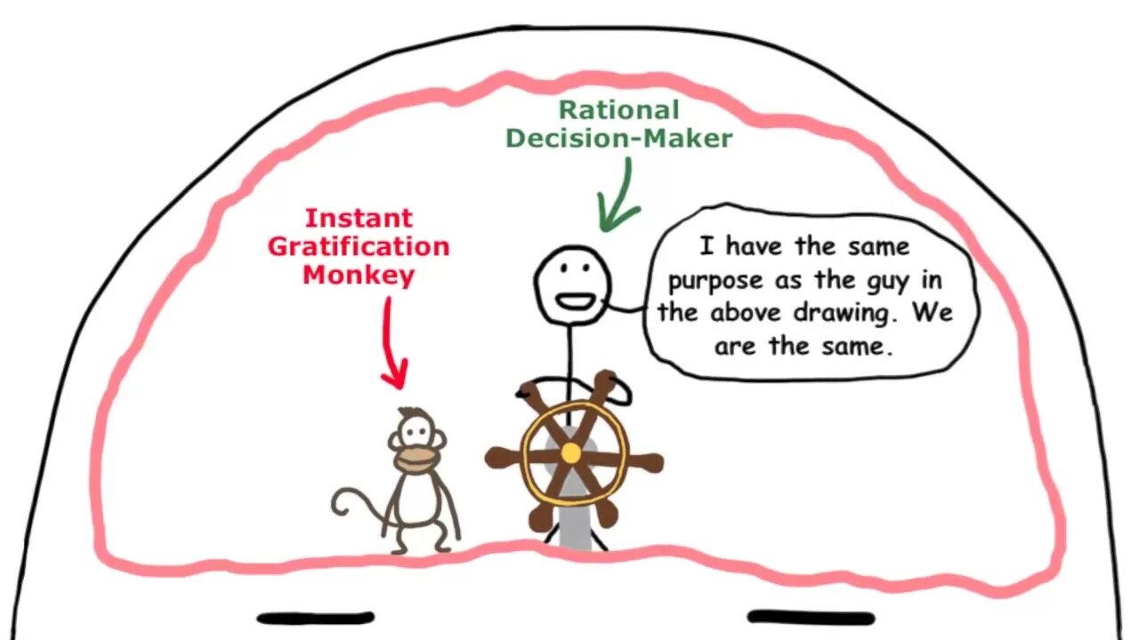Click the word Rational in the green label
tap(618, 110)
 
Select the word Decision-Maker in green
tap(618, 138)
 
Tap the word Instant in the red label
tap(359, 218)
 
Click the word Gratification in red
tap(359, 246)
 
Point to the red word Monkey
tap(359, 275)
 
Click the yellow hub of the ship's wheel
tap(571, 453)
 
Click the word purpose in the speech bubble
tap(715, 282)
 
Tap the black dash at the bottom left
tap(315, 617)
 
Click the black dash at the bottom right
tap(811, 617)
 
